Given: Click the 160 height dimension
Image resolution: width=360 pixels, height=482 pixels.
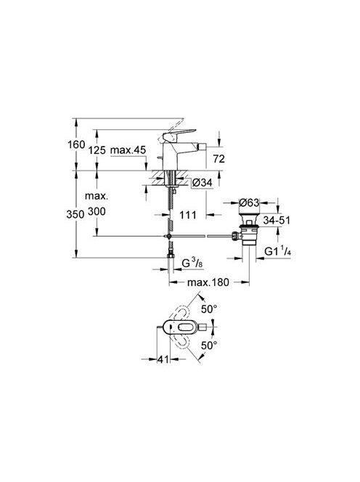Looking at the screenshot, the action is tap(76, 144).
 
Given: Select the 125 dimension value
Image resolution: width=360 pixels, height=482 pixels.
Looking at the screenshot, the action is tap(97, 150).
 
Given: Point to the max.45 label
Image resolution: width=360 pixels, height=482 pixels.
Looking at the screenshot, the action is tap(128, 150).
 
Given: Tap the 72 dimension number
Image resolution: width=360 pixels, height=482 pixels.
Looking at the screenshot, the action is tap(219, 159).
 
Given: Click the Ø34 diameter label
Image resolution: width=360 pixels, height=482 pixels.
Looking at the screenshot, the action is tap(202, 183).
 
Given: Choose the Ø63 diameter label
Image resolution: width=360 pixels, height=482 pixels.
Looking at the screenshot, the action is tap(249, 203).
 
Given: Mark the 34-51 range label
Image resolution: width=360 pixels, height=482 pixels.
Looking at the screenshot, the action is tap(277, 220).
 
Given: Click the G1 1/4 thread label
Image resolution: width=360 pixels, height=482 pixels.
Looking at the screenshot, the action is tap(278, 251).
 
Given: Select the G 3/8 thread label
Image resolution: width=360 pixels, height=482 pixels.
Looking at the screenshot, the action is tap(192, 263).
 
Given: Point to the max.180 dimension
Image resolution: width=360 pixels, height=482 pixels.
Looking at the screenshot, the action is tap(208, 282).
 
